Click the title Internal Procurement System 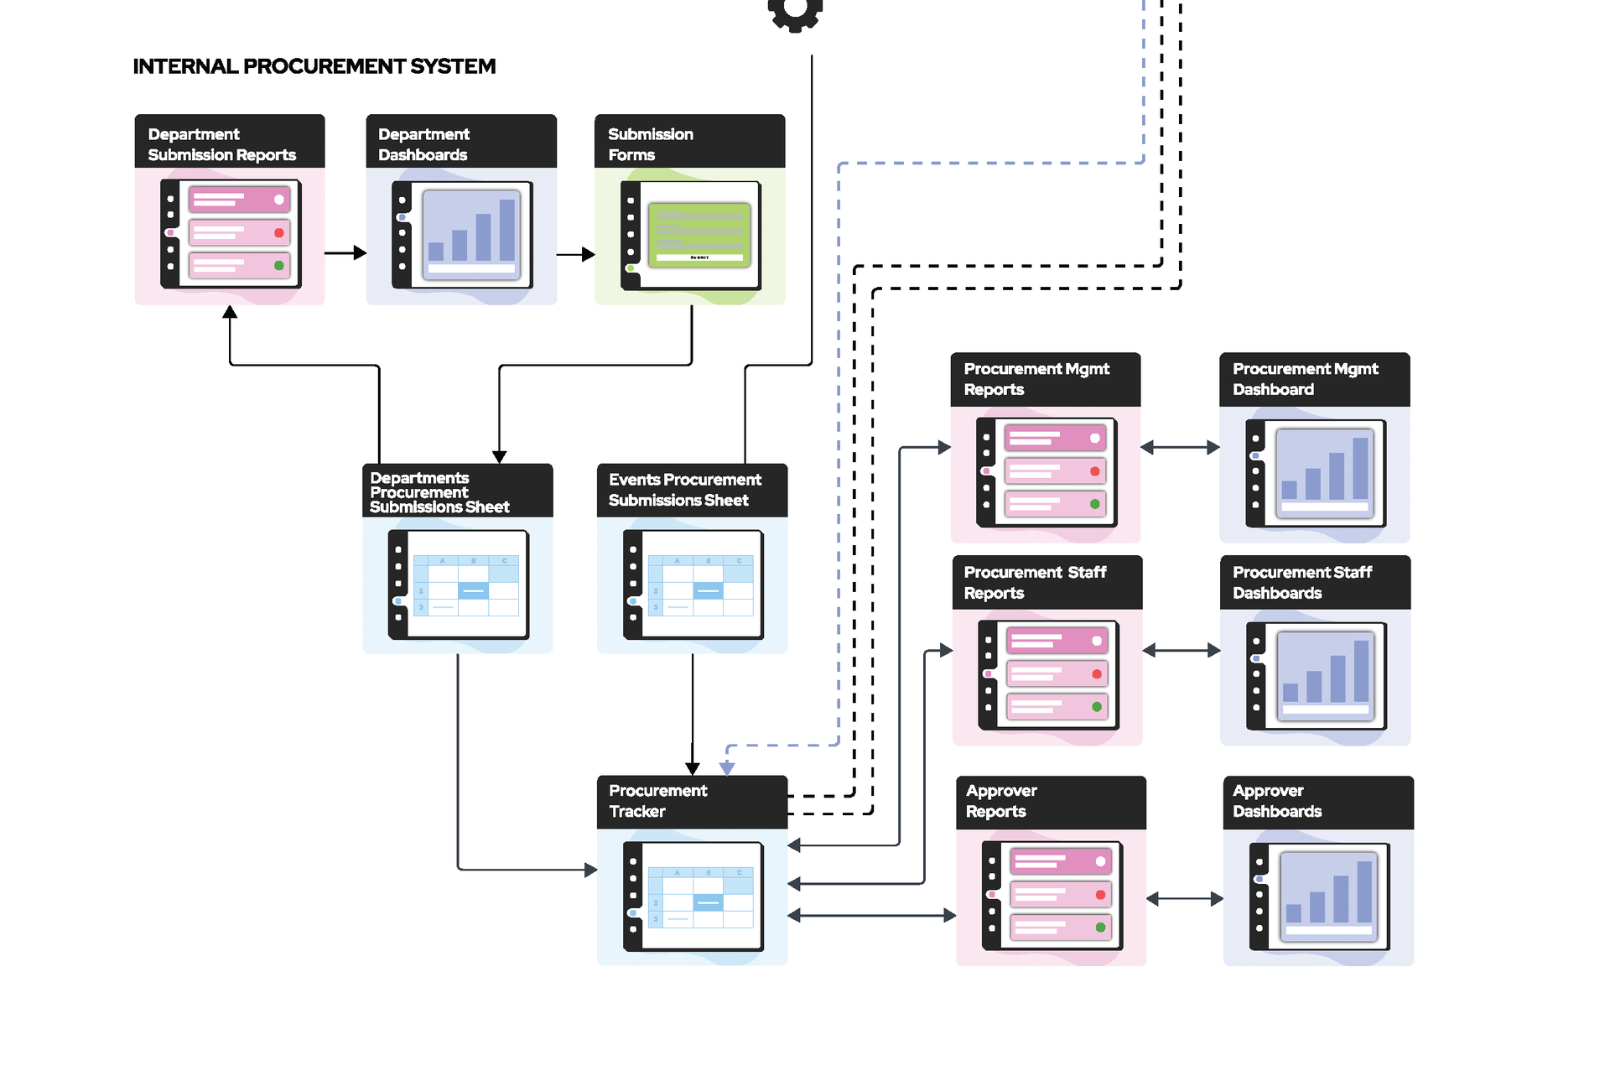coord(314,66)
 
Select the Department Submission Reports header coord(221,144)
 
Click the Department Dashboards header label coord(423,144)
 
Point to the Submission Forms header coord(651,144)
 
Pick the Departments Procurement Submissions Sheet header coord(439,492)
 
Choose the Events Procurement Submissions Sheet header coord(685,490)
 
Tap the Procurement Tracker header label coord(658,801)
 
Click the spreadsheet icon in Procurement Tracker coord(693,897)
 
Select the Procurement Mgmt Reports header coord(1036,379)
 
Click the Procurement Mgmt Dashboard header coord(1306,379)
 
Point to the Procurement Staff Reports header coord(1036,582)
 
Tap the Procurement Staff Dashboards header coord(1302,582)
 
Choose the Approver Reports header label coord(1001,801)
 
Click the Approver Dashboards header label coord(1277,801)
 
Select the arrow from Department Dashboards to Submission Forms coord(576,254)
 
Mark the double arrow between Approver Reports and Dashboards coord(1185,899)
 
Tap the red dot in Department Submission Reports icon coord(279,232)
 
